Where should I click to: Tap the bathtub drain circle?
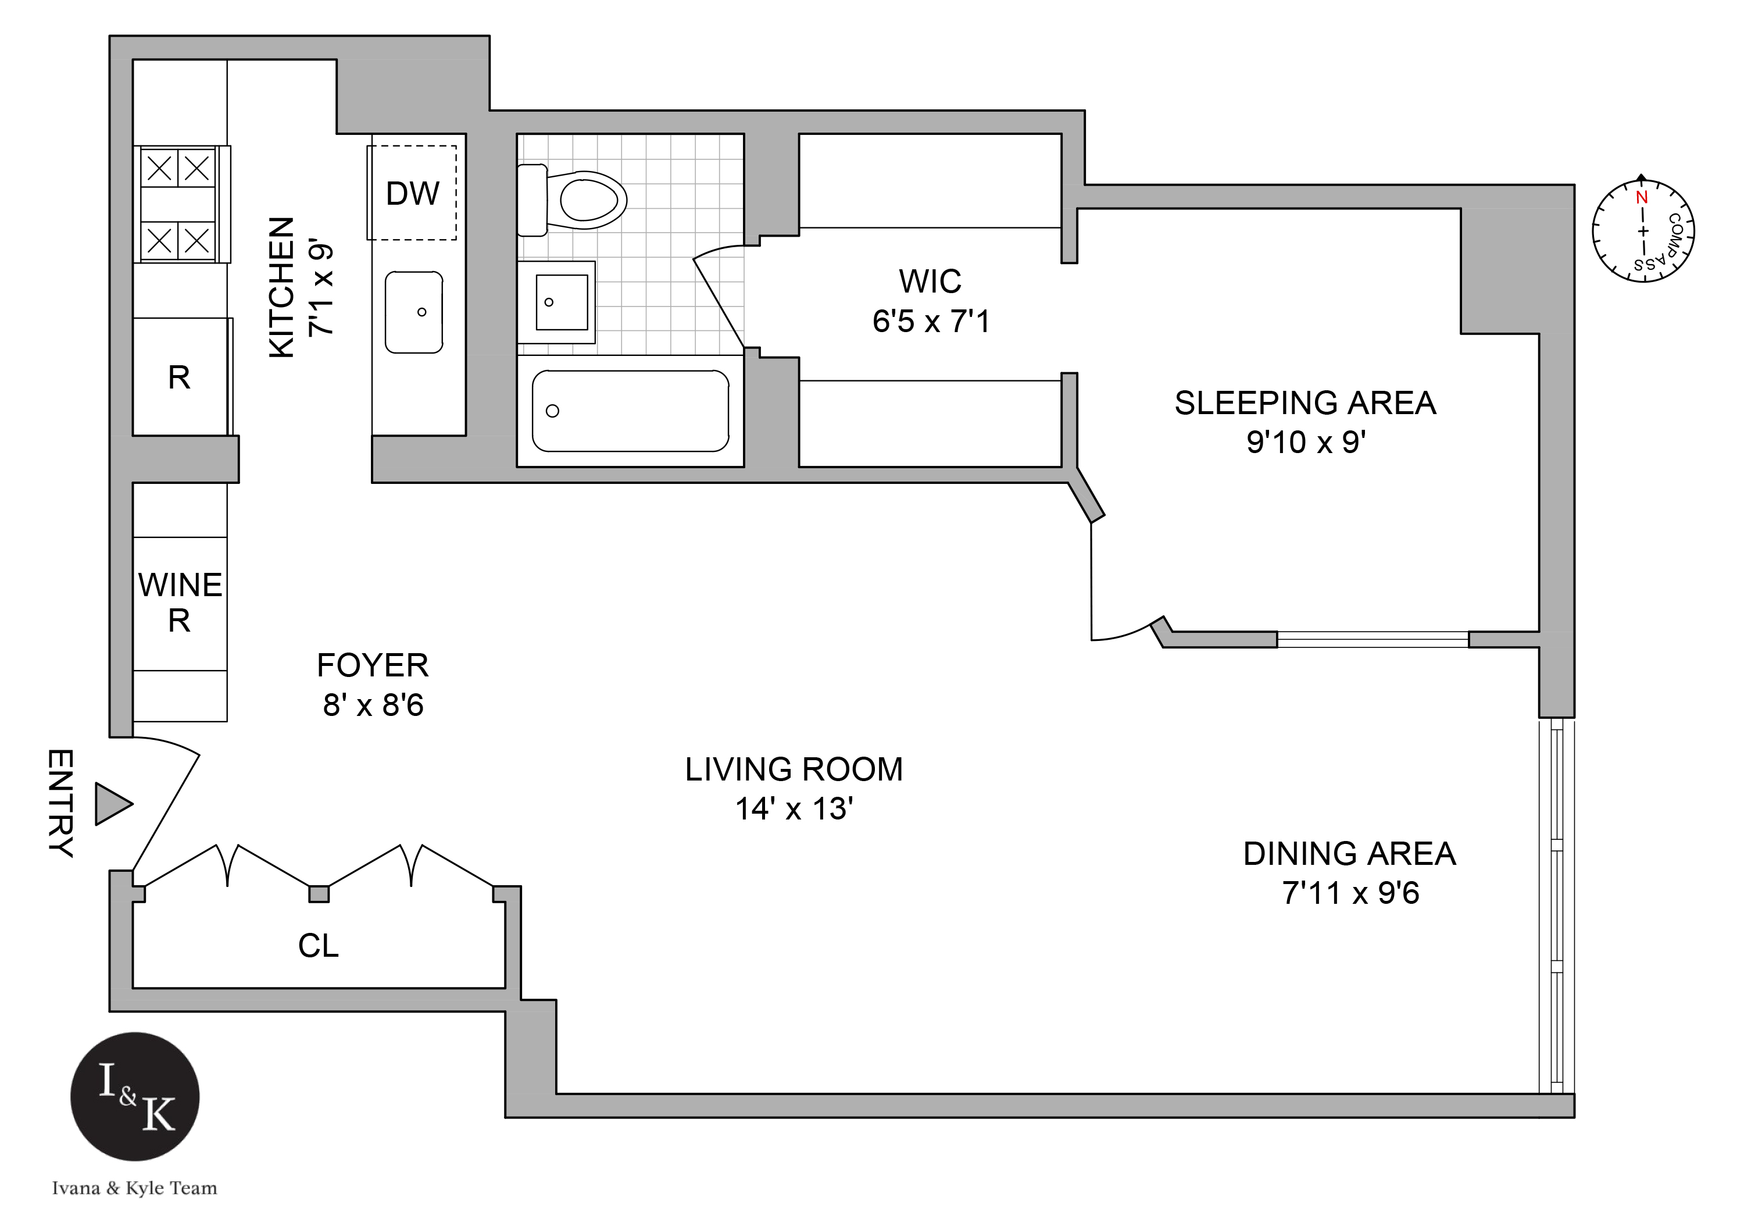tap(552, 411)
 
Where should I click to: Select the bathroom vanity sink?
tap(560, 302)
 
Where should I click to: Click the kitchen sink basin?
tap(414, 312)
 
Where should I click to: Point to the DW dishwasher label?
tap(412, 194)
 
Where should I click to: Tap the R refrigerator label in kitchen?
tap(179, 377)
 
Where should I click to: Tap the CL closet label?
tap(318, 945)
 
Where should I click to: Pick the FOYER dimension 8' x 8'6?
tap(373, 705)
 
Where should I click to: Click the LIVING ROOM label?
tap(794, 770)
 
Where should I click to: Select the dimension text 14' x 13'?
tap(794, 809)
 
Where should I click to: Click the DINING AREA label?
tap(1349, 854)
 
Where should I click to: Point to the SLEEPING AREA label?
tap(1305, 402)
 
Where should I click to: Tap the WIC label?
tap(930, 281)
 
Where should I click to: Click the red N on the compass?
tap(1641, 198)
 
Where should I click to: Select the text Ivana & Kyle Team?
tap(135, 1188)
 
